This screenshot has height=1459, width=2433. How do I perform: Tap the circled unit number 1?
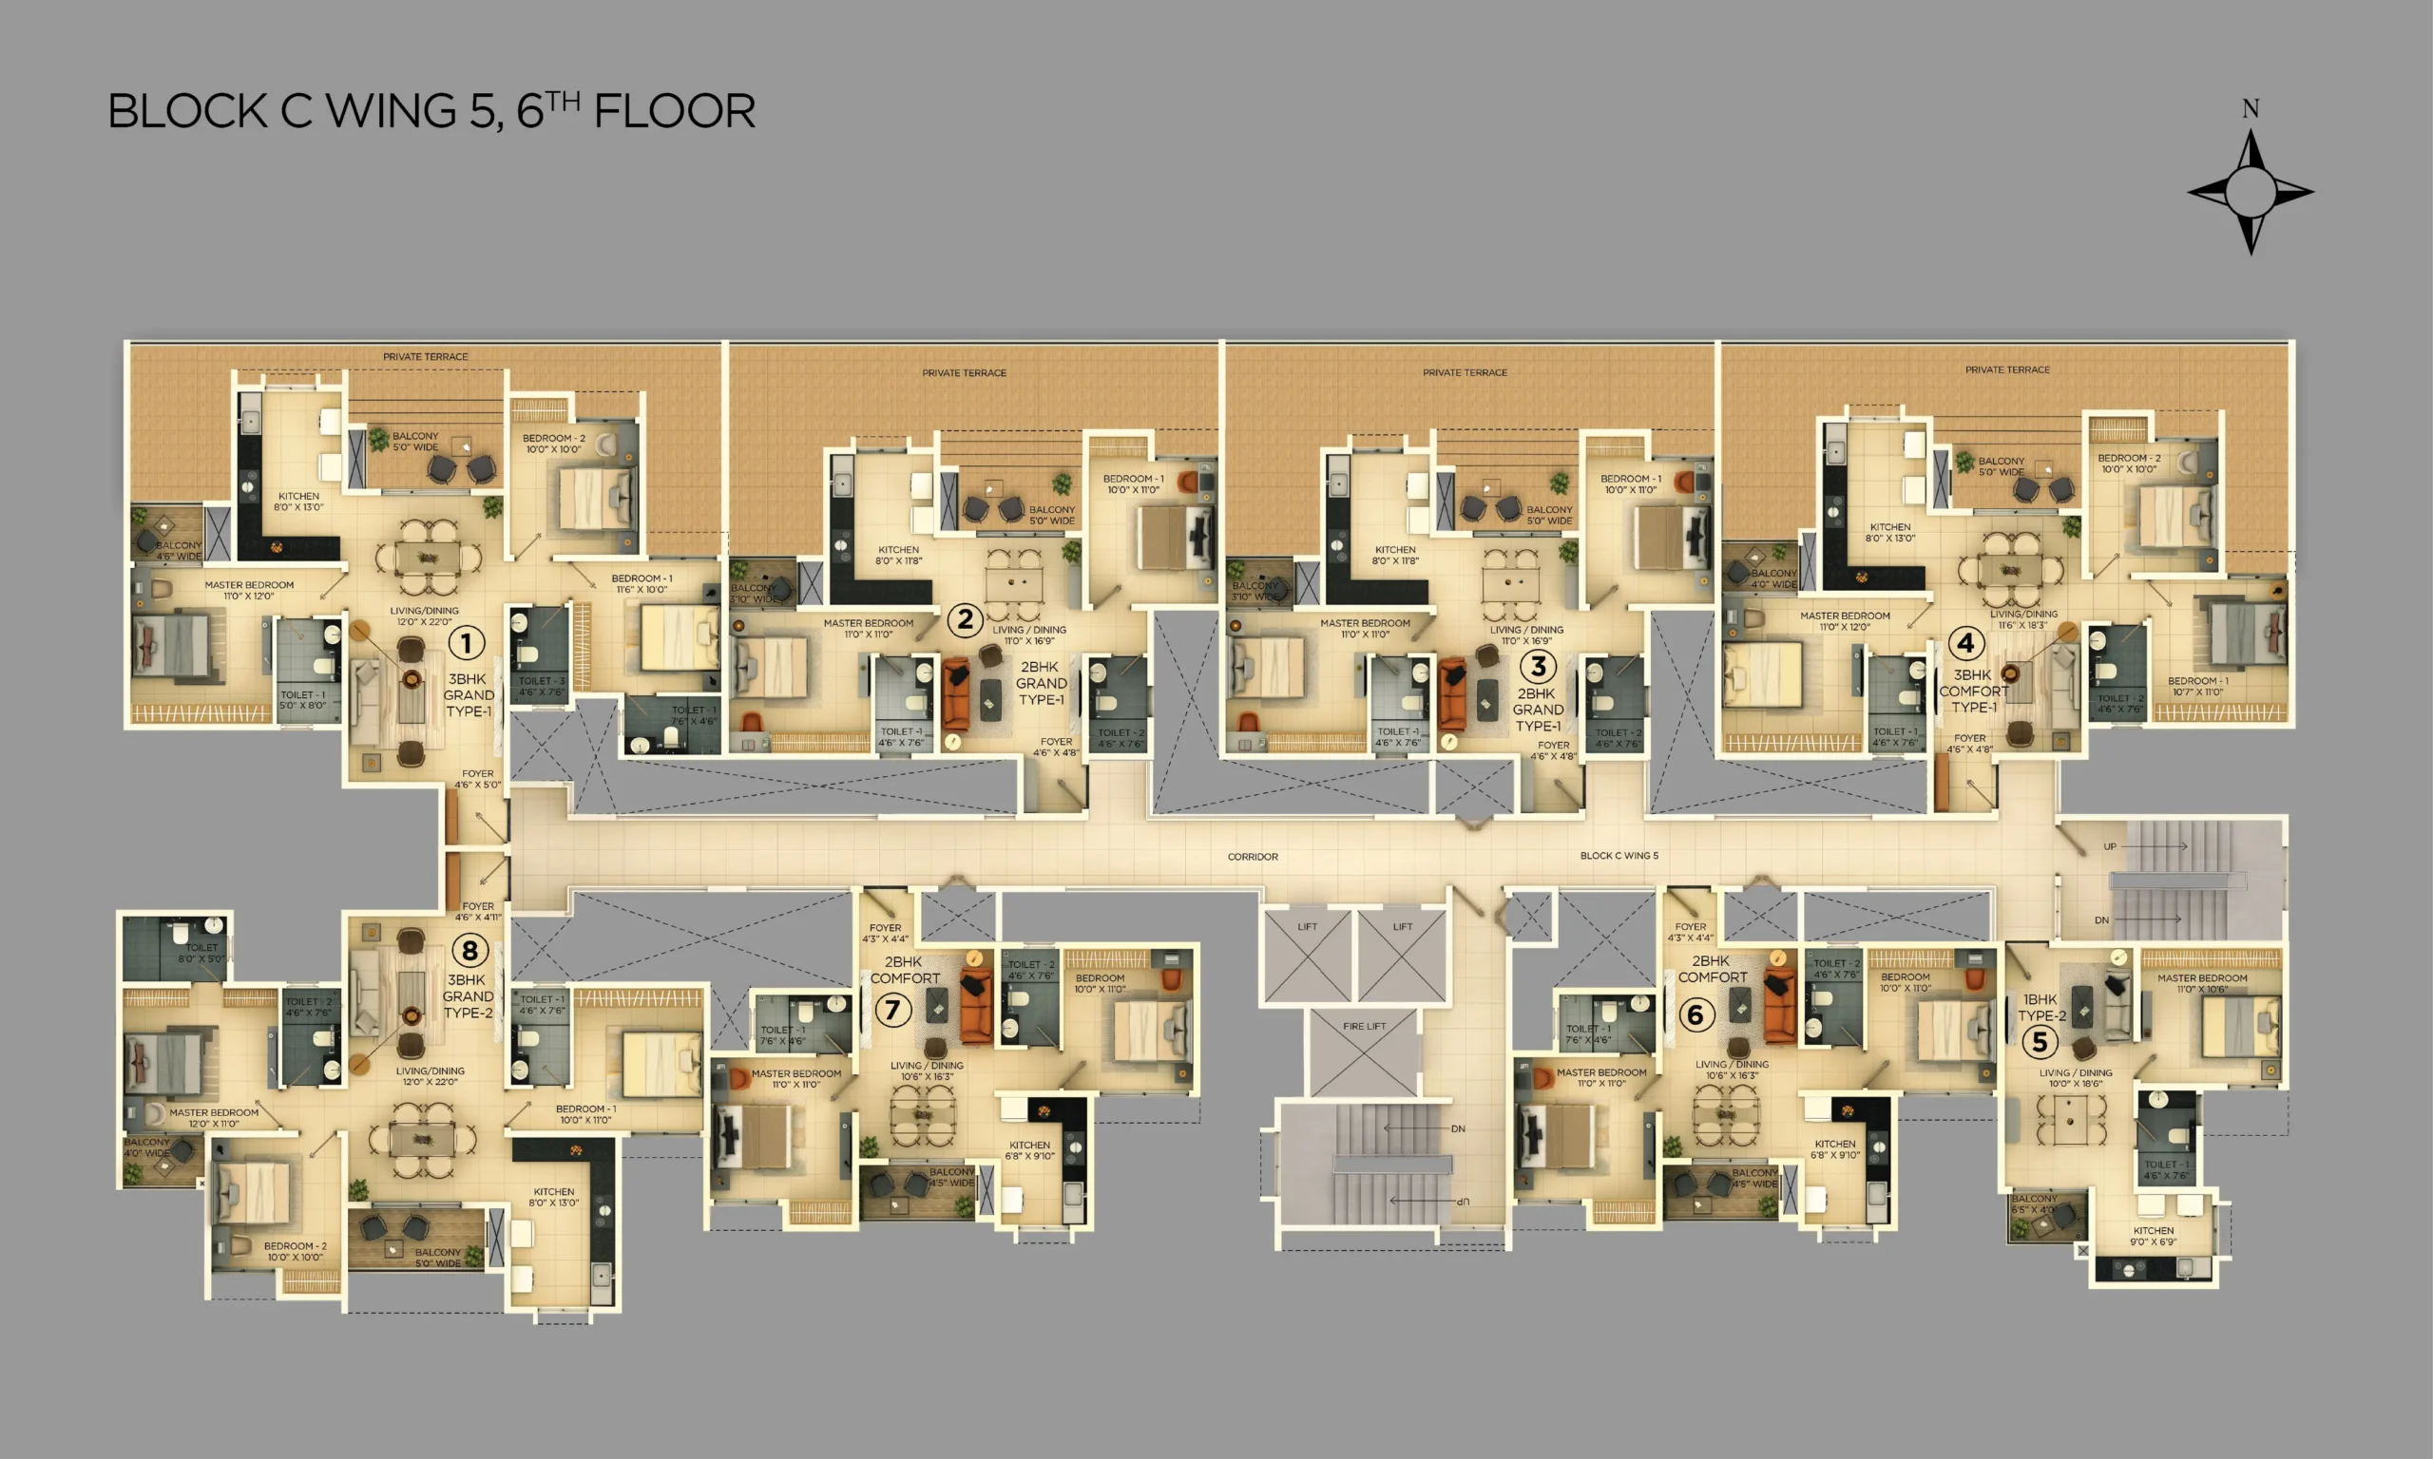click(x=466, y=644)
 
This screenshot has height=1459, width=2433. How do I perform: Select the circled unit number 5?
click(x=2039, y=1041)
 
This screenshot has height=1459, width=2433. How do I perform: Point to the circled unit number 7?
click(x=893, y=1010)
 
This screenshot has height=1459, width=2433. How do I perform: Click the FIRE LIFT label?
click(x=1364, y=1026)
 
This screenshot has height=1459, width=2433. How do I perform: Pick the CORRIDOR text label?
click(x=1253, y=857)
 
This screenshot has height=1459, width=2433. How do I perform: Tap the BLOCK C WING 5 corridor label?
click(x=1619, y=855)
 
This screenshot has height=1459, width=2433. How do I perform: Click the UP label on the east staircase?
click(x=2110, y=846)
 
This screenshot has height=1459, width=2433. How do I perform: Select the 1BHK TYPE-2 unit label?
click(x=2041, y=1007)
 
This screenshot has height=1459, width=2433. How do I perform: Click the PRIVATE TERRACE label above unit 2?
click(x=964, y=372)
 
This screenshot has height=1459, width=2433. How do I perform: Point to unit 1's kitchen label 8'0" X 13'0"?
click(x=298, y=502)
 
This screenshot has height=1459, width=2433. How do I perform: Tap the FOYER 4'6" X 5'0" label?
click(x=478, y=779)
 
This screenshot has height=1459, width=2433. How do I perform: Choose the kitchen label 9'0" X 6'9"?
click(x=2153, y=1236)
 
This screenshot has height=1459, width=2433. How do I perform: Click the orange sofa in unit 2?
click(x=956, y=694)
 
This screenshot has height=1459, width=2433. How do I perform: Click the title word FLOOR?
click(x=675, y=111)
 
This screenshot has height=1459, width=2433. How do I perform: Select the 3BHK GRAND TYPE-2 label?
click(x=468, y=995)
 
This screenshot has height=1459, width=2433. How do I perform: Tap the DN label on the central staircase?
click(x=1458, y=1128)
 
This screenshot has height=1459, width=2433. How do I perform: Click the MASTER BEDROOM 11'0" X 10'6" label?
click(x=2202, y=983)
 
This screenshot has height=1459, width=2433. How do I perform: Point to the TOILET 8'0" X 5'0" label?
click(x=201, y=953)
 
